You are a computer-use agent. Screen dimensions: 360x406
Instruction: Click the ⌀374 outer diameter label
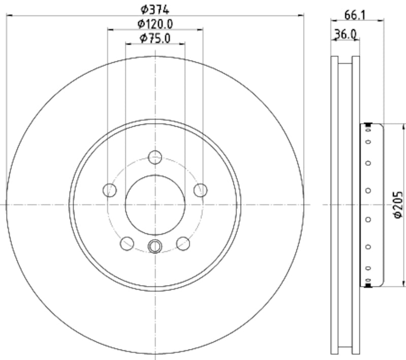[x=155, y=9]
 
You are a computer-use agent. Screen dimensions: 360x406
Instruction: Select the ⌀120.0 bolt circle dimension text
[x=155, y=23]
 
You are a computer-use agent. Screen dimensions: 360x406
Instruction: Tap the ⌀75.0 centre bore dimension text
[x=155, y=38]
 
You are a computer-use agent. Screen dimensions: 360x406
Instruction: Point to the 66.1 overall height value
[x=356, y=15]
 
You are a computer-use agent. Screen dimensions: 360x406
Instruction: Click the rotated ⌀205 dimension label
[x=398, y=205]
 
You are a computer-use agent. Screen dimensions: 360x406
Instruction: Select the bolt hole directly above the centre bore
[x=155, y=157]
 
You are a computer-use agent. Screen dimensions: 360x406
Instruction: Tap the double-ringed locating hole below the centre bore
[x=155, y=246]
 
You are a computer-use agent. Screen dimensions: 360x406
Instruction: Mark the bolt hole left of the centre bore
[x=110, y=190]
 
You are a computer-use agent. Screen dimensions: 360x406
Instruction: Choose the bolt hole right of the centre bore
[x=200, y=190]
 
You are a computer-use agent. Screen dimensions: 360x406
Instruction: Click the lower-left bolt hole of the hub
[x=127, y=243]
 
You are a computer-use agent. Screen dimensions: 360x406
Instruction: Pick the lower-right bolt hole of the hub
[x=183, y=243]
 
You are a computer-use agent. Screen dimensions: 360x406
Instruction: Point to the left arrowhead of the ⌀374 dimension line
[x=9, y=15]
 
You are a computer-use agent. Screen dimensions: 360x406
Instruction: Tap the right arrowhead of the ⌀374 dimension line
[x=301, y=15]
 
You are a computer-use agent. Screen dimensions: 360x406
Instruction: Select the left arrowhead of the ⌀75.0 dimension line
[x=128, y=44]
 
